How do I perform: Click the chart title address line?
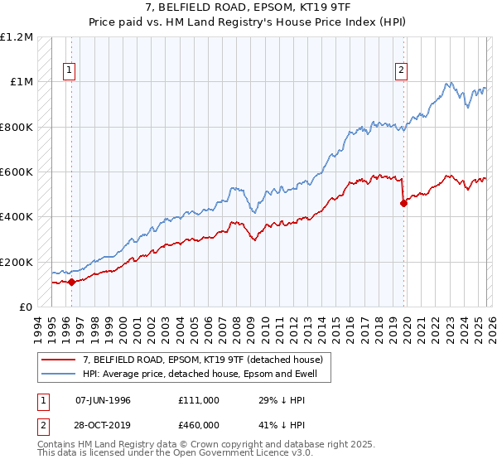[x=248, y=8]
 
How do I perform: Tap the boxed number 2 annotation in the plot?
[x=401, y=71]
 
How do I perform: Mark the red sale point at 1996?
[x=71, y=282]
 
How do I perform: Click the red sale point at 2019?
[x=403, y=203]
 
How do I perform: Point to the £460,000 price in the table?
[x=198, y=423]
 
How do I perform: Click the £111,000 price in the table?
[x=198, y=400]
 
